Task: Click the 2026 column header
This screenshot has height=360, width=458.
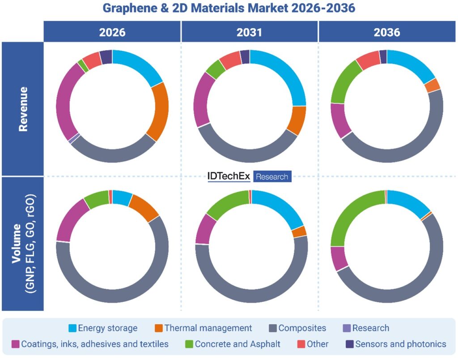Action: [x=112, y=32]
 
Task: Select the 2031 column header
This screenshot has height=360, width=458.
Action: [x=250, y=32]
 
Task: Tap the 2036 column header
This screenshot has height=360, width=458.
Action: [x=387, y=32]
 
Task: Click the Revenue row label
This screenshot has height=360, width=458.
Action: [x=23, y=109]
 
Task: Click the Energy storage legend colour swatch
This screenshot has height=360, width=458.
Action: [x=72, y=328]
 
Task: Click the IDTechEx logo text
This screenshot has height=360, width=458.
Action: [x=229, y=176]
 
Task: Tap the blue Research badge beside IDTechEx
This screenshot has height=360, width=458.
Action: [x=272, y=177]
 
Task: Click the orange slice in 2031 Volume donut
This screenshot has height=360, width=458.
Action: [x=299, y=232]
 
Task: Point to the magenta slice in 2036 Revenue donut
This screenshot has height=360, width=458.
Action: [x=340, y=120]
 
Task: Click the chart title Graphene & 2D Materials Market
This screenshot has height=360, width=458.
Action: [x=229, y=8]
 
